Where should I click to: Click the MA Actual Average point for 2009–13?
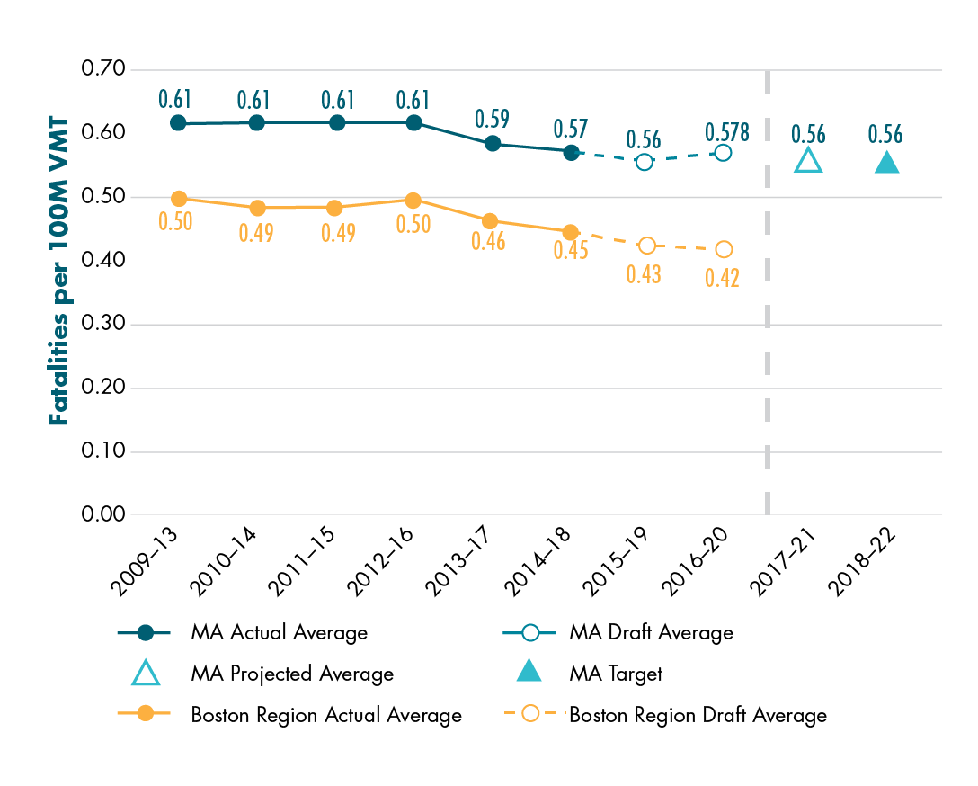(178, 122)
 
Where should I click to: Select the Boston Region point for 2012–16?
(413, 200)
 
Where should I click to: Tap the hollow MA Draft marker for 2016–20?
(723, 153)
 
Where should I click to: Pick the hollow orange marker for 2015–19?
(646, 246)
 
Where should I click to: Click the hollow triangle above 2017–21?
(808, 161)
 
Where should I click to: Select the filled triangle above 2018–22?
(886, 162)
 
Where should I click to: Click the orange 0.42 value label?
(722, 277)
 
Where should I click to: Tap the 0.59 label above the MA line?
(491, 119)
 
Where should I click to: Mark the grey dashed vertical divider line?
(768, 288)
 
